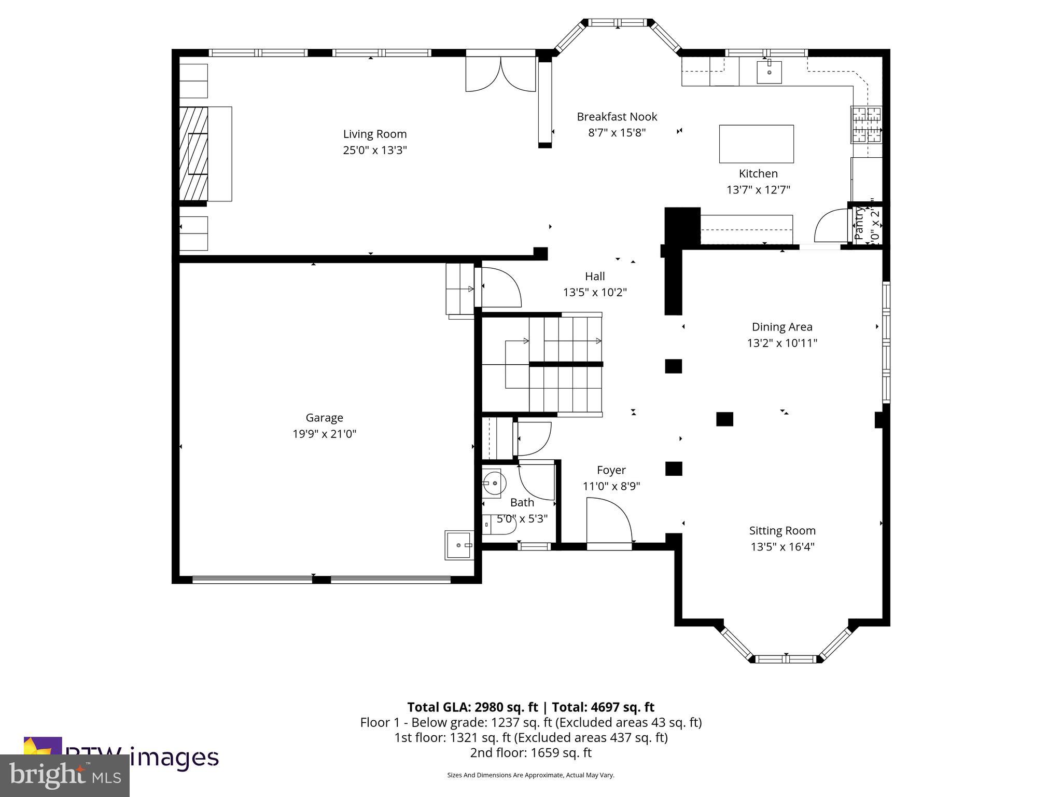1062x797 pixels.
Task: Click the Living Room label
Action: click(x=374, y=134)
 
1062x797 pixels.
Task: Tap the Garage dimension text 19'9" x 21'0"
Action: click(x=324, y=434)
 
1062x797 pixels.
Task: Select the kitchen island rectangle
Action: click(x=756, y=144)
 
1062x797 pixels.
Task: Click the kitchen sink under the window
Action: click(x=769, y=72)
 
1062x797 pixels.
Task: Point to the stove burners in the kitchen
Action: click(x=865, y=125)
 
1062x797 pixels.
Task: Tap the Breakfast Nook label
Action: click(x=617, y=117)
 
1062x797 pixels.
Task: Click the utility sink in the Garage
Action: click(x=458, y=545)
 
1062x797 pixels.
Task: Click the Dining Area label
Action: click(x=782, y=327)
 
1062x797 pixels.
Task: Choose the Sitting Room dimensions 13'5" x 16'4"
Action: click(x=782, y=547)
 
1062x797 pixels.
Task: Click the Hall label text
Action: click(x=595, y=277)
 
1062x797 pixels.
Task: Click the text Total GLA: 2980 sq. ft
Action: click(x=472, y=707)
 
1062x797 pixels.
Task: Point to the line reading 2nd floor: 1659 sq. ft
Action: click(x=530, y=752)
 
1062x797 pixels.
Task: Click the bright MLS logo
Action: click(x=65, y=775)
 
